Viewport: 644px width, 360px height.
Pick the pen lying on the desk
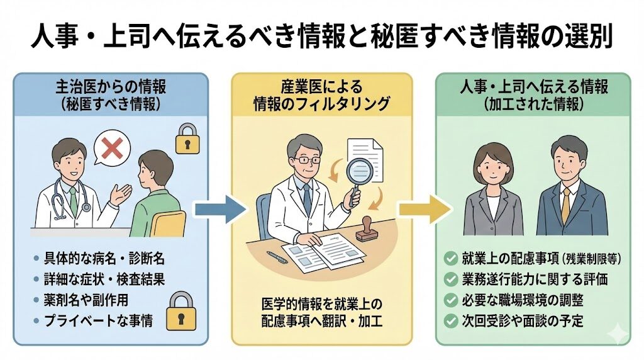(x=277, y=257)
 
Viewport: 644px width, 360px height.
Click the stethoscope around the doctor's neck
(x=62, y=200)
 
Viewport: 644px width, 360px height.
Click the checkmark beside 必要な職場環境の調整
(x=450, y=300)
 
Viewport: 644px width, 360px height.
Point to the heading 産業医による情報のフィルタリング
(x=321, y=94)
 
